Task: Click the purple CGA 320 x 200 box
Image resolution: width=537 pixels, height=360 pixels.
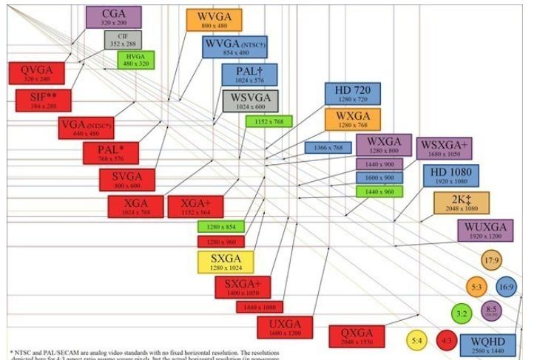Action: click(x=113, y=16)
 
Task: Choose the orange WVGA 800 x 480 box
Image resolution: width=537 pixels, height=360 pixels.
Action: click(x=214, y=20)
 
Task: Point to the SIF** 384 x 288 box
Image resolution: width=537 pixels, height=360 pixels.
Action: click(x=41, y=100)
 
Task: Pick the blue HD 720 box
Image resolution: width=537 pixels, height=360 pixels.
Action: click(x=352, y=94)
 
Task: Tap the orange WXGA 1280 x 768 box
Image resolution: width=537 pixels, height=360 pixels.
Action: click(x=352, y=119)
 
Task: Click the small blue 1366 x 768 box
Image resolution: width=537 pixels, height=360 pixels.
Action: click(x=327, y=148)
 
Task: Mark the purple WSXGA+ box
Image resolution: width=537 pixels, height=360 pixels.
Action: click(x=445, y=148)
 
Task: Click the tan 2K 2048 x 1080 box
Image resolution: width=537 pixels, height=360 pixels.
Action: click(x=461, y=203)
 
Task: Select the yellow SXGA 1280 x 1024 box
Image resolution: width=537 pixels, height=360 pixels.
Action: click(x=226, y=262)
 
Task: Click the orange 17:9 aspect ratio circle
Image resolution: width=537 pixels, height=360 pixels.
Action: click(x=492, y=260)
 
